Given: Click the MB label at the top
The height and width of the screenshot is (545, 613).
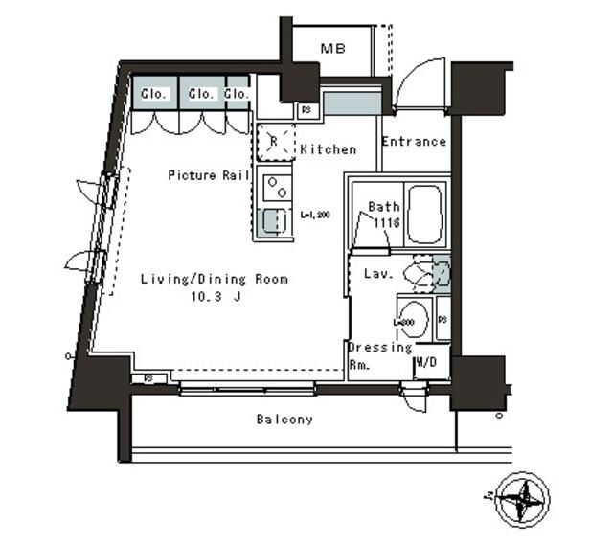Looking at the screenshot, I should [x=333, y=49].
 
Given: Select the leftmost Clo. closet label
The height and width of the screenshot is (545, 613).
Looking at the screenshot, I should [x=155, y=94].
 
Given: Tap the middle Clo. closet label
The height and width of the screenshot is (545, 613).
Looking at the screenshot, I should [x=201, y=94].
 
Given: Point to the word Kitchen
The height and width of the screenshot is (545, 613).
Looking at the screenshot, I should [x=328, y=149].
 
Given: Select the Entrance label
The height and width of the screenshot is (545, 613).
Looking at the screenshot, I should [x=414, y=142].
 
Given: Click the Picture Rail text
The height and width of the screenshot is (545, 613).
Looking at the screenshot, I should [x=209, y=175].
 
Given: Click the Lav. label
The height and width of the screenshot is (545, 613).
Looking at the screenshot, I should [x=375, y=274].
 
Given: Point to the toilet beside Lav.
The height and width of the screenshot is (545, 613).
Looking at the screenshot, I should [x=424, y=275].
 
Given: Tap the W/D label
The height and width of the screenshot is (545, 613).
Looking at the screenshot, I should [x=425, y=364].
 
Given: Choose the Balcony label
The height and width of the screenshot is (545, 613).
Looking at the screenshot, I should [x=284, y=420].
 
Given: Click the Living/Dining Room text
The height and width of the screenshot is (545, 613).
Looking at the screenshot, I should [x=214, y=280].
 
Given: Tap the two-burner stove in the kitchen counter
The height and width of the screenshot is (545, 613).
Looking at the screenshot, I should [x=272, y=182].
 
